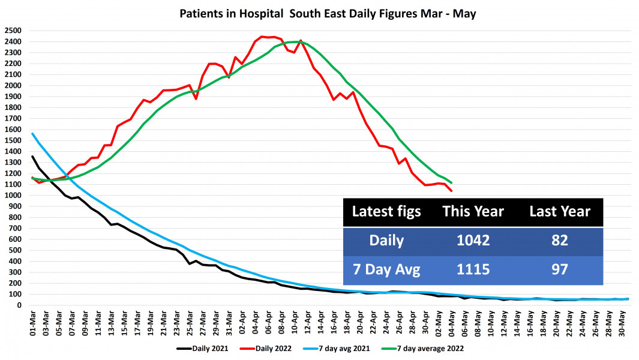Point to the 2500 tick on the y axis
[13, 31]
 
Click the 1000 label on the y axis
[13, 196]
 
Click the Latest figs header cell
[386, 211]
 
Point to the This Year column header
[473, 211]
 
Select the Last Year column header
[559, 211]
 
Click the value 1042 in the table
[473, 241]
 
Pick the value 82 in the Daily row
[559, 241]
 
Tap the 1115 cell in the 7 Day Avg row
[473, 270]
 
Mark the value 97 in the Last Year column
[559, 270]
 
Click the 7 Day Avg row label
[386, 270]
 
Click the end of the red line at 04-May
[451, 191]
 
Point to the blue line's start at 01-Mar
[32, 134]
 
